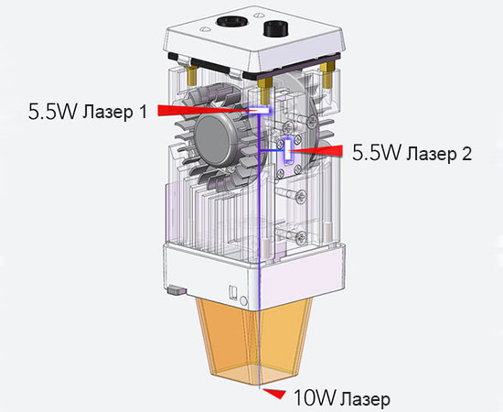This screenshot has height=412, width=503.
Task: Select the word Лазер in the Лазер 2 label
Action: coord(433,154)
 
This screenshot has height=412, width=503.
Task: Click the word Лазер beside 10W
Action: coord(364,399)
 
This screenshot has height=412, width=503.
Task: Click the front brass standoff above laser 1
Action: coord(264,88)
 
